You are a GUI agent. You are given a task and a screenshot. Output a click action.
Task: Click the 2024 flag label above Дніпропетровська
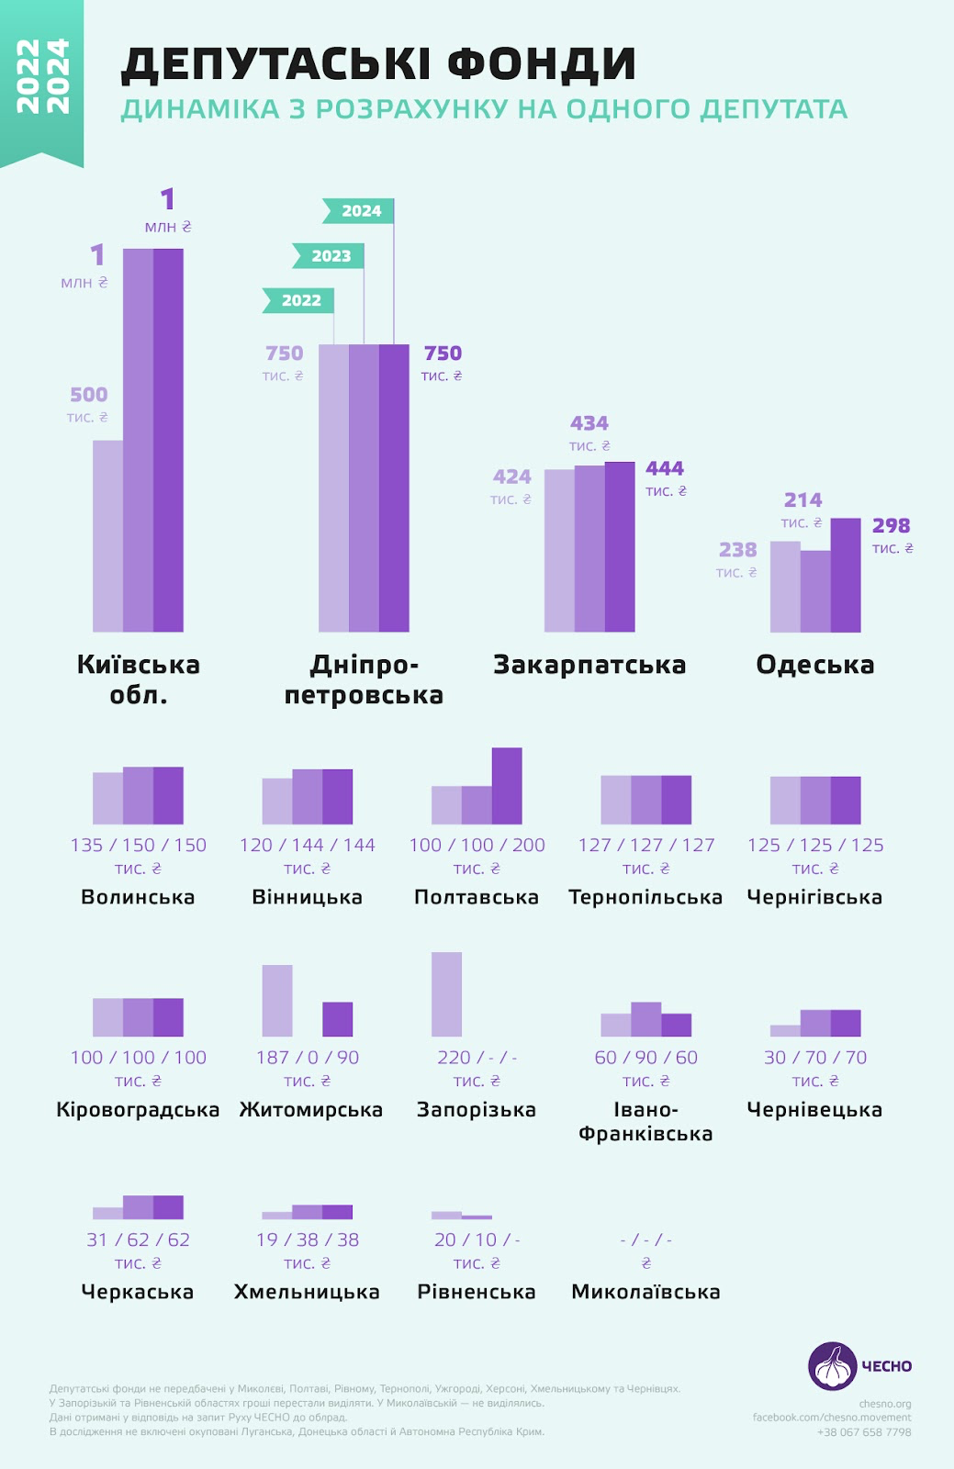(361, 211)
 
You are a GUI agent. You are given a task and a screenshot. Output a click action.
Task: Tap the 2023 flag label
(331, 256)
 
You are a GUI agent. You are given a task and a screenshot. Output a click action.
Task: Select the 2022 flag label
(300, 300)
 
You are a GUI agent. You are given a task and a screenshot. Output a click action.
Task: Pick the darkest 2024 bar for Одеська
(846, 575)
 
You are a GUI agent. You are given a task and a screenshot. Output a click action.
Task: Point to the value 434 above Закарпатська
(589, 423)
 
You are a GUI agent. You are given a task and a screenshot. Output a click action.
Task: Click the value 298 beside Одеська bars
(891, 526)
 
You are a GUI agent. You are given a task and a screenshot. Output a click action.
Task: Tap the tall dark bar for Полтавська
(507, 786)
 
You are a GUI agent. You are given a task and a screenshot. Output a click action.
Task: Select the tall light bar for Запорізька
(446, 994)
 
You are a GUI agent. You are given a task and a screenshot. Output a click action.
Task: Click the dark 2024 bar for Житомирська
(338, 1019)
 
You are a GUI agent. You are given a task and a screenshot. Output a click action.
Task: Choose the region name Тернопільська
(645, 897)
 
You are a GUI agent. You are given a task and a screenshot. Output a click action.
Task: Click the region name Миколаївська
(645, 1292)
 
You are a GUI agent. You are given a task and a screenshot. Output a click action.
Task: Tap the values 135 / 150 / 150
(139, 845)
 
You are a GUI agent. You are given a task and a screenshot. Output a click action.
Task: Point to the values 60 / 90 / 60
(645, 1058)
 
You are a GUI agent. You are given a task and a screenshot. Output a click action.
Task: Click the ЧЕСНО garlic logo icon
(833, 1366)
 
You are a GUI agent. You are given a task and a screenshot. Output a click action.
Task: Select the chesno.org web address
(885, 1404)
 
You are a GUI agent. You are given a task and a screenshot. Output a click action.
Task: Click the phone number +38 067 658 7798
(864, 1432)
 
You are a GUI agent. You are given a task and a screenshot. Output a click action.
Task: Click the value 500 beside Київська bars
(89, 395)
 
